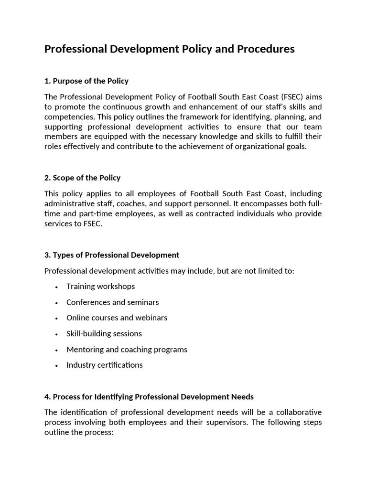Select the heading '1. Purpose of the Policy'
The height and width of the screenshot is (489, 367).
click(x=86, y=81)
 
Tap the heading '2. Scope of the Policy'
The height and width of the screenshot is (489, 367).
click(x=82, y=178)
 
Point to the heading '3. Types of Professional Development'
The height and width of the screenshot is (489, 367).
click(x=112, y=255)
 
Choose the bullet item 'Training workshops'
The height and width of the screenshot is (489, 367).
click(x=100, y=287)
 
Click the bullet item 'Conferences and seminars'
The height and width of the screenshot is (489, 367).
click(x=112, y=302)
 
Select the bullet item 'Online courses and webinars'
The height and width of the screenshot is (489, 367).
click(x=117, y=318)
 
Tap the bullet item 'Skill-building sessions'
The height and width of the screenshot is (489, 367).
click(x=104, y=333)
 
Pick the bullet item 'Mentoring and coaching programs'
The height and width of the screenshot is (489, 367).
click(x=127, y=349)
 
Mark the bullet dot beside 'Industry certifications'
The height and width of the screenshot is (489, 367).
click(x=56, y=366)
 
